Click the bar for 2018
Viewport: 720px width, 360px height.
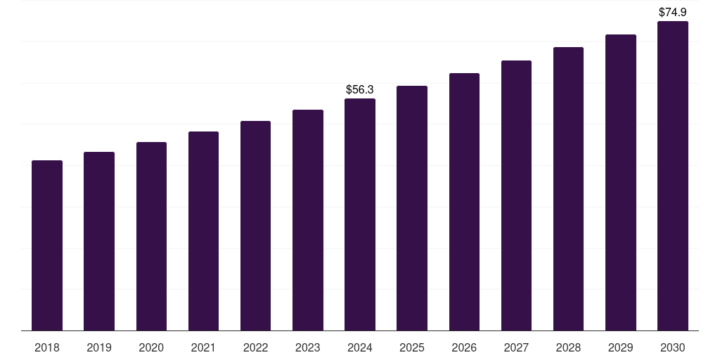pyautogui.click(x=47, y=245)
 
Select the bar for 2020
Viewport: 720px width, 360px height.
pyautogui.click(x=151, y=236)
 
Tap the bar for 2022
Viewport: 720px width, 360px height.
pyautogui.click(x=255, y=226)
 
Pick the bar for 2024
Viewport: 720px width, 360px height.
pyautogui.click(x=360, y=214)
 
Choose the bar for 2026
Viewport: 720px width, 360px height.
pyautogui.click(x=464, y=202)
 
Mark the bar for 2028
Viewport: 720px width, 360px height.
pyautogui.click(x=568, y=188)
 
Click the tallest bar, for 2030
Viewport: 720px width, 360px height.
pyautogui.click(x=673, y=176)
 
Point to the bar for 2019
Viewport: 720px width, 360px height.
pyautogui.click(x=99, y=241)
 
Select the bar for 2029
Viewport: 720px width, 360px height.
pyautogui.click(x=621, y=182)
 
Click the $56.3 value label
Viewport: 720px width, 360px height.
pyautogui.click(x=360, y=90)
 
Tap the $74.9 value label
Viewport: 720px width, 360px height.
pyautogui.click(x=673, y=13)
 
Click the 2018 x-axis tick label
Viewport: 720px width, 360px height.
pyautogui.click(x=47, y=348)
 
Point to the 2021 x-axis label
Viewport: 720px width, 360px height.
pyautogui.click(x=203, y=348)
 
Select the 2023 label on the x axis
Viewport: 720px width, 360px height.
pyautogui.click(x=308, y=348)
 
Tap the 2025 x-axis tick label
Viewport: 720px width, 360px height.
pyautogui.click(x=412, y=348)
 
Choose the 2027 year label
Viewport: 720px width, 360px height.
pyautogui.click(x=516, y=348)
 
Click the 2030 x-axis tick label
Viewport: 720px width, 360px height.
pyautogui.click(x=673, y=348)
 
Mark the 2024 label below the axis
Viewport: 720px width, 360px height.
pyautogui.click(x=360, y=348)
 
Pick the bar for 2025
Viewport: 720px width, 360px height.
pyautogui.click(x=412, y=208)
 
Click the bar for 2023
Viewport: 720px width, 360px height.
pyautogui.click(x=308, y=220)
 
